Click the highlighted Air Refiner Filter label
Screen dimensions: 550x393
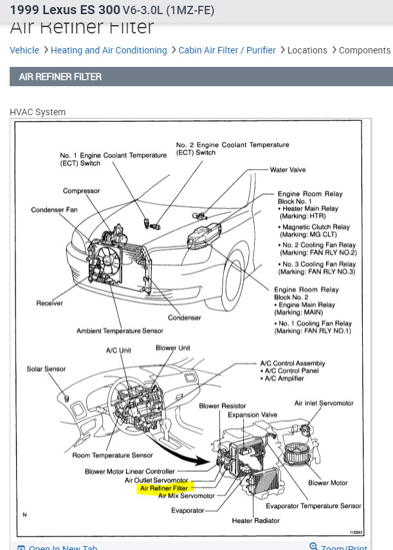164,488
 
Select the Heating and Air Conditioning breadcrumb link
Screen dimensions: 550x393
109,50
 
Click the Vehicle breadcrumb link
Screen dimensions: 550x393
24,50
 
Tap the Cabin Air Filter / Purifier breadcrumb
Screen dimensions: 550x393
227,50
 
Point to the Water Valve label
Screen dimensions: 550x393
288,170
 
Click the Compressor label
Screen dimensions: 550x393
81,191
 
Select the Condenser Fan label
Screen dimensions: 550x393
54,210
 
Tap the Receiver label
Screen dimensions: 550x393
50,302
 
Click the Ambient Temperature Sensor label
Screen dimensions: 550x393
120,331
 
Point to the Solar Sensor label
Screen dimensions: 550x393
46,369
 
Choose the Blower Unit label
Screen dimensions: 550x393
173,348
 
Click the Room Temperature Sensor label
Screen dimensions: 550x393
113,455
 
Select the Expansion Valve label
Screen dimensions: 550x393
252,415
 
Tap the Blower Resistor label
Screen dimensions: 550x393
223,406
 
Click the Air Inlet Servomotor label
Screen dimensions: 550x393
324,403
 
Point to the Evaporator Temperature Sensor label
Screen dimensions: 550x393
313,506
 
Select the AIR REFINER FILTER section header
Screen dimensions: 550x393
60,77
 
